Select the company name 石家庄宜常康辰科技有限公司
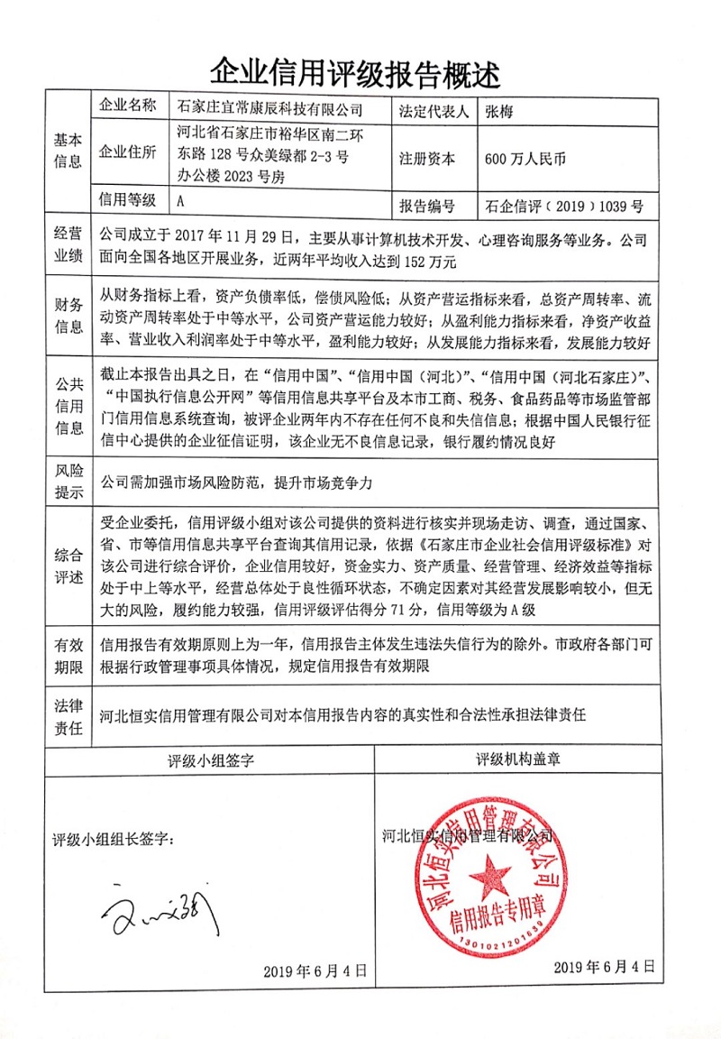(269, 111)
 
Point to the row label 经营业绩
(68, 246)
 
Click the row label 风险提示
(68, 483)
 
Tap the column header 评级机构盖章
(518, 759)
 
